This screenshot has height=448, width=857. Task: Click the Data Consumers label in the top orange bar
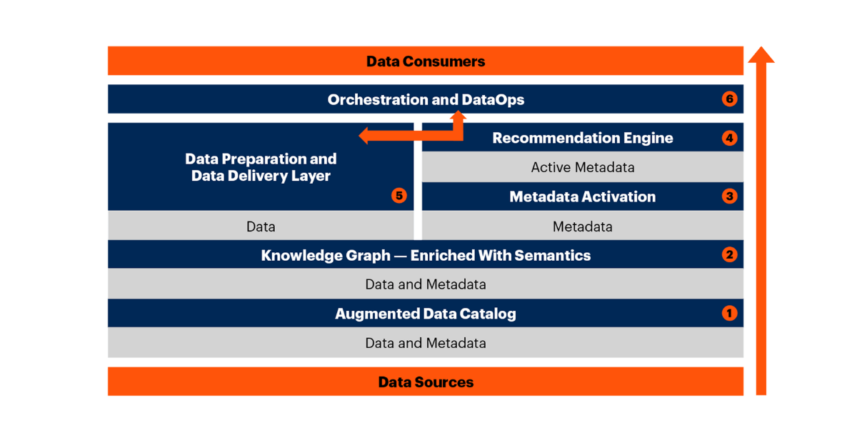click(426, 61)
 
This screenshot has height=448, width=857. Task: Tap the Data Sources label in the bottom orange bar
click(426, 382)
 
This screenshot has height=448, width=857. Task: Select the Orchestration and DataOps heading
click(426, 100)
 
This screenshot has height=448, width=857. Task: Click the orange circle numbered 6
click(729, 99)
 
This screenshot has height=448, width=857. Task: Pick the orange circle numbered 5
click(399, 196)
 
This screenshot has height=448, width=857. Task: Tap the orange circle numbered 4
click(729, 138)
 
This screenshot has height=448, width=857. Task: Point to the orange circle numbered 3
click(729, 196)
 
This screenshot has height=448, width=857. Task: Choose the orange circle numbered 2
click(729, 255)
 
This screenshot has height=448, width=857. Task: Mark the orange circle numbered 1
click(729, 313)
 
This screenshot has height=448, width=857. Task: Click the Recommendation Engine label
click(582, 138)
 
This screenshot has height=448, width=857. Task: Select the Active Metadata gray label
click(582, 168)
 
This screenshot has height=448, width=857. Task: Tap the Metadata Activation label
click(582, 196)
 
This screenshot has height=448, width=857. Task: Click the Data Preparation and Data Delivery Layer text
click(261, 167)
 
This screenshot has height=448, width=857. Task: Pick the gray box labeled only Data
click(261, 227)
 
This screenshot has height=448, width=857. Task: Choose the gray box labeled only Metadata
click(582, 227)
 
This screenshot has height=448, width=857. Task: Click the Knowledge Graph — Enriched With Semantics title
click(426, 255)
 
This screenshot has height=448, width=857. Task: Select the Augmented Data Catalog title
click(426, 314)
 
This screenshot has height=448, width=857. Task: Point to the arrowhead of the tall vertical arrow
click(761, 56)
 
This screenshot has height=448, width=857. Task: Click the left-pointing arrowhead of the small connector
click(364, 135)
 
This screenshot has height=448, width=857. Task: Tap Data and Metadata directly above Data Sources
click(426, 343)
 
